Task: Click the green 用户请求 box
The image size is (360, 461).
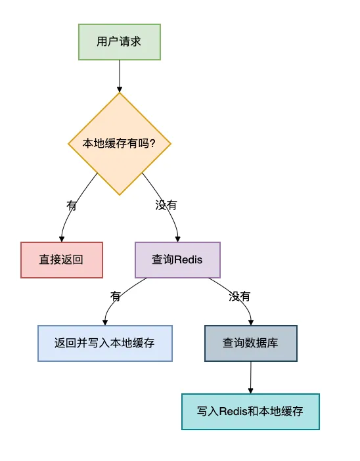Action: (119, 42)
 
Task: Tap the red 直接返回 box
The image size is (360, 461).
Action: (61, 259)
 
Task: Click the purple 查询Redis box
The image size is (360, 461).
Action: (177, 259)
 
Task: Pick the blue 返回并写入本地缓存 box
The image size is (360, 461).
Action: (104, 343)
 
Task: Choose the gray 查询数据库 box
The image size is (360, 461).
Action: (250, 343)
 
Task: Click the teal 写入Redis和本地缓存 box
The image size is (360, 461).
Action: (250, 412)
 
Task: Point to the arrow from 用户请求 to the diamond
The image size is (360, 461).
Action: (119, 76)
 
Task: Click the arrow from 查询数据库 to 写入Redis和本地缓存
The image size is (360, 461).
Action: (250, 377)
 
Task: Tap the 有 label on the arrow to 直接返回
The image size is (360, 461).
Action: (72, 205)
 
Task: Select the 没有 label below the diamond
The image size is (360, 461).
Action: (166, 205)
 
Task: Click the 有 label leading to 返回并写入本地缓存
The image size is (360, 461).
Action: (116, 296)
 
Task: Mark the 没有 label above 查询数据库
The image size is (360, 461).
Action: (239, 296)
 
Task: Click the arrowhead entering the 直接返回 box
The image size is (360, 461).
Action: (61, 238)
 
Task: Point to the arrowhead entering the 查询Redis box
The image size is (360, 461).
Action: (177, 238)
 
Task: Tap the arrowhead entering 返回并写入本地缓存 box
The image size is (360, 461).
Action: (104, 322)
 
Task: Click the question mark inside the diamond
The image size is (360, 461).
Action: (152, 143)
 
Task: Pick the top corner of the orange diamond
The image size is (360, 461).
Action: (120, 93)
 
